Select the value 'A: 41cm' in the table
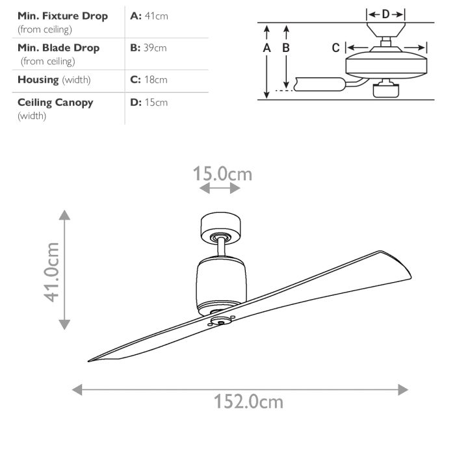point(149,16)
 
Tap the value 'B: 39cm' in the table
point(148,47)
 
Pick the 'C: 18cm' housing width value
point(148,80)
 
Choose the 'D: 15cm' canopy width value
point(149,102)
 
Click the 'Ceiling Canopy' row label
point(55,102)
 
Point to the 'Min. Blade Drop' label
point(58,47)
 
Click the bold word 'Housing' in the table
point(38,80)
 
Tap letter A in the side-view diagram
point(266,48)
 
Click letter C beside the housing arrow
point(335,47)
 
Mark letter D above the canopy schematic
point(385,14)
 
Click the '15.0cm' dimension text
point(222,174)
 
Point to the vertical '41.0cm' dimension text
point(52,272)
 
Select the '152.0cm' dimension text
point(249,401)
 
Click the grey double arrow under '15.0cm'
point(220,188)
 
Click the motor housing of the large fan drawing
point(221,279)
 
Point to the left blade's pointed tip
point(91,359)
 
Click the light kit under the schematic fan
point(385,89)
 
